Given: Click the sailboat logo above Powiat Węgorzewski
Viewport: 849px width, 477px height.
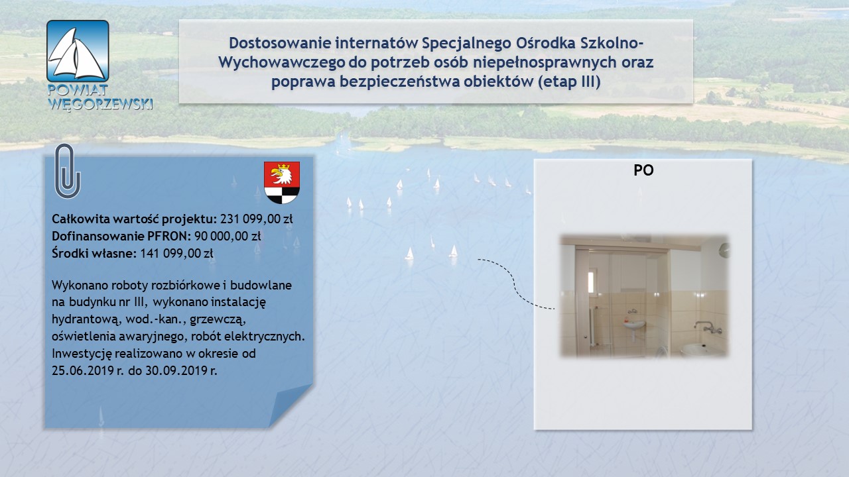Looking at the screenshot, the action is [78, 51].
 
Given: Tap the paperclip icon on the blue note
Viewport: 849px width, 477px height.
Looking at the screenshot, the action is [68, 171].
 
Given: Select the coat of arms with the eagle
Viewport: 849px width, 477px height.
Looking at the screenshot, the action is [282, 182].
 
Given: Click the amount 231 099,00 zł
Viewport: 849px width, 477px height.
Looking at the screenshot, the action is [257, 219].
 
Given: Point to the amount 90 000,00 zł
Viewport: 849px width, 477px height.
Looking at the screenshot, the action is [228, 236].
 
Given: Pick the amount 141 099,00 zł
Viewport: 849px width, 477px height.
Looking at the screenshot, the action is [176, 253].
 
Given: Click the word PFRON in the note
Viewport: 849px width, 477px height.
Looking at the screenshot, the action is [168, 236].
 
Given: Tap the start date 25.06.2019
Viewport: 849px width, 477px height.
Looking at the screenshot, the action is [83, 370].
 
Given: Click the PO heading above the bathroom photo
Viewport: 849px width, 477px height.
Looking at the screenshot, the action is [643, 170].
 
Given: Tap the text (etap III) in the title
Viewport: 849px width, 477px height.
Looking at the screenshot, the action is [569, 81].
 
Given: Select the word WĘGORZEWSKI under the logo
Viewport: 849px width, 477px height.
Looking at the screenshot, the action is [100, 104].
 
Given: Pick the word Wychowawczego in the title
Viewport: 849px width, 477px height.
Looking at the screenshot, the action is [281, 62].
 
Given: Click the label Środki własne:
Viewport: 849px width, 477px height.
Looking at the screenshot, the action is [94, 253].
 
